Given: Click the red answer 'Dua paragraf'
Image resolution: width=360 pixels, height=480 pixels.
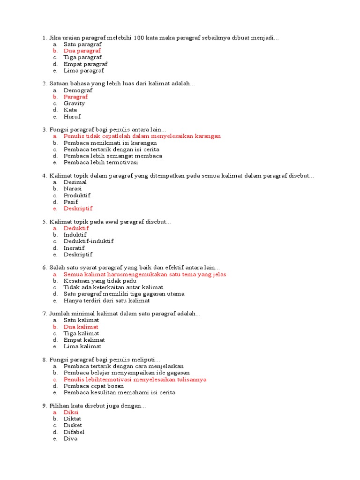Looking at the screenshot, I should pyautogui.click(x=82, y=51).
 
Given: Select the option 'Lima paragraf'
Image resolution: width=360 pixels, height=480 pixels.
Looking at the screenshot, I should pyautogui.click(x=83, y=71).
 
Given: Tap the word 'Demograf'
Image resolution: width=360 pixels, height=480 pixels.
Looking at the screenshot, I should pyautogui.click(x=78, y=90).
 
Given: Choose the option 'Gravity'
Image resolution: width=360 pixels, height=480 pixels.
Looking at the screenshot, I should pyautogui.click(x=75, y=103).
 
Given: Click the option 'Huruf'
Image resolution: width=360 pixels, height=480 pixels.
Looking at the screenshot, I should pyautogui.click(x=72, y=117).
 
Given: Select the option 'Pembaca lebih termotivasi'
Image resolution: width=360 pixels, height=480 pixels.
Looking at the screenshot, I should pyautogui.click(x=101, y=163).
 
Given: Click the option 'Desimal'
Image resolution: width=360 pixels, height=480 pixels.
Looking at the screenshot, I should pyautogui.click(x=75, y=182).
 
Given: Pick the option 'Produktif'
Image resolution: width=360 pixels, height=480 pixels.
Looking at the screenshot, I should pyautogui.click(x=77, y=195).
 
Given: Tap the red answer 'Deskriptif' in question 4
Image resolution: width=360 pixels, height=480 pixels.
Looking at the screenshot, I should pyautogui.click(x=78, y=209).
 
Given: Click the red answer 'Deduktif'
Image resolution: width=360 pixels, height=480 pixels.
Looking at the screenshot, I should pyautogui.click(x=76, y=228).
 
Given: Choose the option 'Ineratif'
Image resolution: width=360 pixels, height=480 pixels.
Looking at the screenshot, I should pyautogui.click(x=74, y=248).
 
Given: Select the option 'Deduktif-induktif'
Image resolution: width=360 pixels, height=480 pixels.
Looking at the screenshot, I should pyautogui.click(x=89, y=241).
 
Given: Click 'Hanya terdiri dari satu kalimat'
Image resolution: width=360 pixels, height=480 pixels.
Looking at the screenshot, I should pyautogui.click(x=106, y=300).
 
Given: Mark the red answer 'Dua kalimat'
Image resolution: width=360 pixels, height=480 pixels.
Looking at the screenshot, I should pyautogui.click(x=81, y=327).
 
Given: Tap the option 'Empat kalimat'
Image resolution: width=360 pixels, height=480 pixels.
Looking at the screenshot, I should pyautogui.click(x=84, y=340).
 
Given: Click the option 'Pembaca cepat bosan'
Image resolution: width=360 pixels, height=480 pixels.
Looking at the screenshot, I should pyautogui.click(x=94, y=386).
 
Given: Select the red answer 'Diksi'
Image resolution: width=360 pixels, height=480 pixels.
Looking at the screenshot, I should pyautogui.click(x=71, y=412).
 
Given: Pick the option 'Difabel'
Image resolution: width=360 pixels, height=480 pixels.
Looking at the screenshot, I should pyautogui.click(x=74, y=432).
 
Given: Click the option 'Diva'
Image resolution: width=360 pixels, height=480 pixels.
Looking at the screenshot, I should pyautogui.click(x=70, y=439).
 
